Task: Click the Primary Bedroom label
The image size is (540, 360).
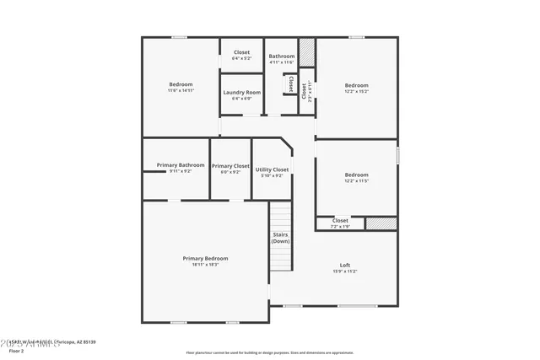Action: click(205, 258)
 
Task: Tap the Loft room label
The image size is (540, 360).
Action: click(345, 265)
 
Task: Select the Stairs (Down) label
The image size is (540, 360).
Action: click(281, 238)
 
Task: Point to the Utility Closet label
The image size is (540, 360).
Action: click(272, 169)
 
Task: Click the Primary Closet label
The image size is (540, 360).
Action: click(230, 166)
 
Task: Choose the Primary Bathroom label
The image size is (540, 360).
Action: click(181, 165)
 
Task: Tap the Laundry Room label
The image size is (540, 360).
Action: click(241, 93)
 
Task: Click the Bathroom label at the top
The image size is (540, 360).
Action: click(282, 56)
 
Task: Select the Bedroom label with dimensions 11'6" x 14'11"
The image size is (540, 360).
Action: click(181, 84)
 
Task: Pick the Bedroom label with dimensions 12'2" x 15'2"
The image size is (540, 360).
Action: click(356, 85)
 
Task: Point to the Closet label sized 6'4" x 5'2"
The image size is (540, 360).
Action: click(241, 52)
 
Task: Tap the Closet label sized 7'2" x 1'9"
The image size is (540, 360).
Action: click(339, 221)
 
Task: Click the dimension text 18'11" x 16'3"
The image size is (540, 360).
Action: click(205, 265)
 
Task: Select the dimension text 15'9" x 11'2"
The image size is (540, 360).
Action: click(345, 271)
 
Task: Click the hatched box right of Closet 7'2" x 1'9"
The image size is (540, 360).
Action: click(381, 223)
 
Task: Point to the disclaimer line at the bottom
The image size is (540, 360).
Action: click(269, 352)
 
